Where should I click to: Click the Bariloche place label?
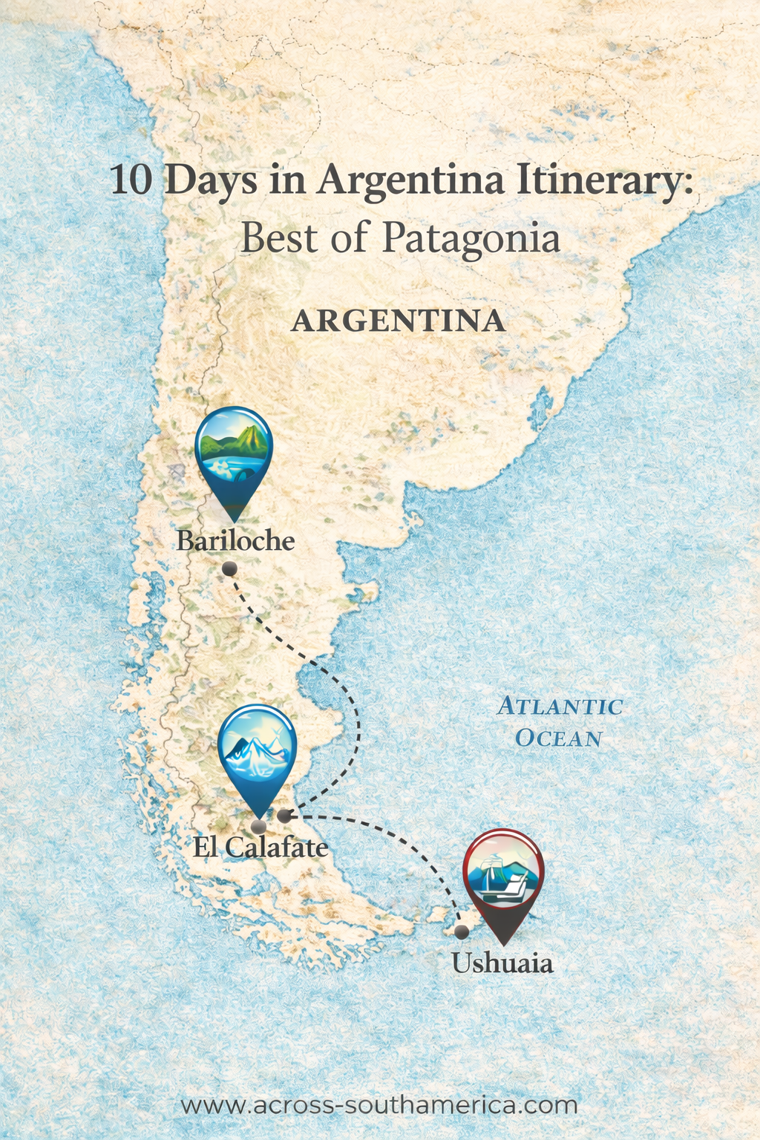click(x=235, y=540)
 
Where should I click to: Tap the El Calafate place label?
click(x=261, y=847)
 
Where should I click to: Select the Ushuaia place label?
click(x=502, y=963)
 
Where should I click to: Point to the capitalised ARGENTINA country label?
click(x=399, y=321)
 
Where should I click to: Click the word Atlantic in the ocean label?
click(x=560, y=706)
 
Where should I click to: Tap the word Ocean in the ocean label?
click(x=558, y=738)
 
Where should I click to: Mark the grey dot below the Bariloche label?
click(x=229, y=569)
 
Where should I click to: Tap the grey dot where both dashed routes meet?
click(x=284, y=816)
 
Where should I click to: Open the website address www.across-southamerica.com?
click(x=379, y=1105)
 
